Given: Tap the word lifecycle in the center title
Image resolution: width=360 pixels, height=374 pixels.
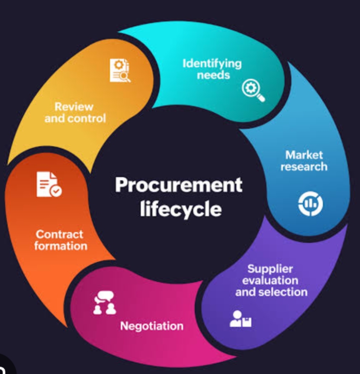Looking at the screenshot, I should coord(180,209).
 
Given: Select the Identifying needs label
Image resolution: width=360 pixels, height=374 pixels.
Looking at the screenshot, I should coord(212,69).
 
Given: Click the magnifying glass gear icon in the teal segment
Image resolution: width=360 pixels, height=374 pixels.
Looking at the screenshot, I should coord(253,90).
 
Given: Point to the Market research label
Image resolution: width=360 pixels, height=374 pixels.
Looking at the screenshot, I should coord(304,161).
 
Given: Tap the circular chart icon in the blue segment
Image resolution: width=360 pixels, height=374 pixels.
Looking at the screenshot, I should coord(310,205).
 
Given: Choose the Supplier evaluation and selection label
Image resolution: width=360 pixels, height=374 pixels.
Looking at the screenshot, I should coord(271,280).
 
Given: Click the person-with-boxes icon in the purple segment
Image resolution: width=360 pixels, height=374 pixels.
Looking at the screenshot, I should coord(240,318).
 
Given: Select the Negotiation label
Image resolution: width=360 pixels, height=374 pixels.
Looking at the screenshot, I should coord(151,326).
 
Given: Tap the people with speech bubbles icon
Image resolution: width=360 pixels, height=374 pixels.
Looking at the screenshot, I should coord(105,303).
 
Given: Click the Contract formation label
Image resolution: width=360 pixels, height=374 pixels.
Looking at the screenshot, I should coord(60,240).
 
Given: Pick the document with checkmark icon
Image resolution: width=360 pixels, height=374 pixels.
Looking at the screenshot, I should coord(48,184).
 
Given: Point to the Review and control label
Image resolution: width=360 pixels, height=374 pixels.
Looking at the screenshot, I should coord(75,112).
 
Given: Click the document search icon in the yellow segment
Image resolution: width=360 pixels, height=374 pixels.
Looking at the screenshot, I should coord(120,70).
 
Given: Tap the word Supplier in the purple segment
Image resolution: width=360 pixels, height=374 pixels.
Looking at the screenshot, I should coord(270,269).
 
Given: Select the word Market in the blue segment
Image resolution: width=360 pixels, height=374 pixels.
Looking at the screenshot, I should coord(304,155).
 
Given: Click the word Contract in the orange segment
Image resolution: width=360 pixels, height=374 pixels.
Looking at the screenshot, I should coord(59,234).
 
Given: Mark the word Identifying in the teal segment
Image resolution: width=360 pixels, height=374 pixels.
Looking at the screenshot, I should coord(212,64).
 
